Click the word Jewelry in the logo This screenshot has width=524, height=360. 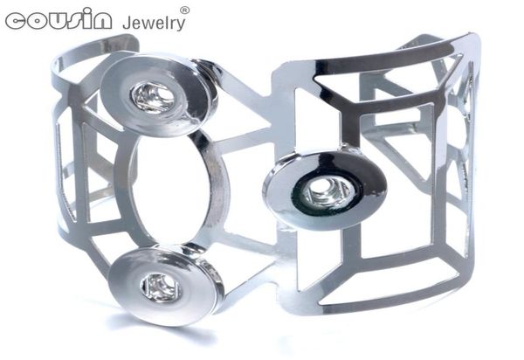(154, 23)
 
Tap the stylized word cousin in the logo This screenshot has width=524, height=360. (59, 20)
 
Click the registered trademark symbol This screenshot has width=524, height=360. (185, 10)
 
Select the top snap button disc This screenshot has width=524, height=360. (158, 95)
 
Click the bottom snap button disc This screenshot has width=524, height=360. (164, 286)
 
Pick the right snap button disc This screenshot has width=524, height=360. (325, 190)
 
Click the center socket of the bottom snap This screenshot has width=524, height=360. (161, 287)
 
